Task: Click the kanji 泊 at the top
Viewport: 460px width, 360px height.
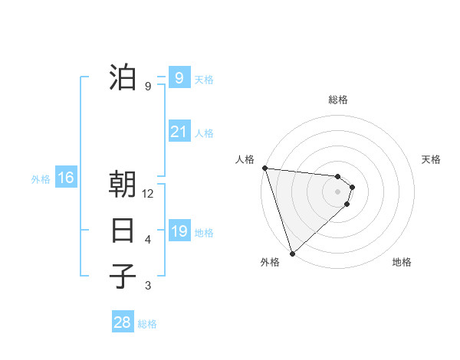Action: click(123, 77)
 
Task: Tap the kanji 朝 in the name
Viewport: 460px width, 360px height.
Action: click(123, 185)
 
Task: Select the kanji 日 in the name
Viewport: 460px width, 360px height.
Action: click(123, 231)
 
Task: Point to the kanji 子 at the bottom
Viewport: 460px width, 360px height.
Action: click(123, 276)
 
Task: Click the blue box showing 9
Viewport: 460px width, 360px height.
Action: click(179, 78)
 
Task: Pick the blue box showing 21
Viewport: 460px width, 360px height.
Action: click(179, 132)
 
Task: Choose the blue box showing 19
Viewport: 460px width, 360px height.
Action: click(179, 231)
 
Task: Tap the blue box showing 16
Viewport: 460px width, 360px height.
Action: click(66, 178)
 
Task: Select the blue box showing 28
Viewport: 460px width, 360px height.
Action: click(123, 322)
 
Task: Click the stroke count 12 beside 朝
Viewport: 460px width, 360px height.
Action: click(148, 194)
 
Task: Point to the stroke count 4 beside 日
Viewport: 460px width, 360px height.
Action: click(148, 240)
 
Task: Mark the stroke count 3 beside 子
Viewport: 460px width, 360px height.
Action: click(148, 286)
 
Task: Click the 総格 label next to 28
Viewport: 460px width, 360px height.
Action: click(147, 324)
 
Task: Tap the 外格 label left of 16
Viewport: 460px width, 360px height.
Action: click(41, 179)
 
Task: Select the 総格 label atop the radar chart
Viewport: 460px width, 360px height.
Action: click(337, 100)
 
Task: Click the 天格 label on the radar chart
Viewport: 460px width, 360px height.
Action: click(432, 159)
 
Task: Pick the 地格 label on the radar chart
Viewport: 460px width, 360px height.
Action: click(402, 262)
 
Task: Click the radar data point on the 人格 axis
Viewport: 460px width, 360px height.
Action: click(264, 168)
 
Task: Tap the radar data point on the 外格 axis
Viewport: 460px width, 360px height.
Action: click(292, 253)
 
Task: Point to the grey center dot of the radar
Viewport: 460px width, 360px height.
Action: click(337, 191)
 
